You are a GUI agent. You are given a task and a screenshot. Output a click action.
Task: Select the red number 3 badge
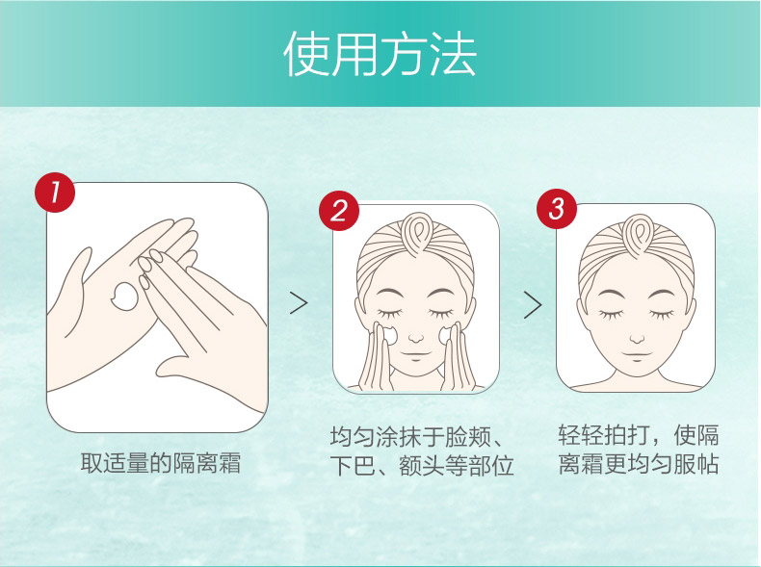[x=556, y=209]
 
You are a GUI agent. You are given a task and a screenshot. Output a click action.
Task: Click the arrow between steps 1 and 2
[x=299, y=304]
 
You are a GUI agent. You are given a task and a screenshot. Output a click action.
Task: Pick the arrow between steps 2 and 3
[x=532, y=304]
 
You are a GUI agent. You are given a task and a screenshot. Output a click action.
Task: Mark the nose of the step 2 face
[x=416, y=338]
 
